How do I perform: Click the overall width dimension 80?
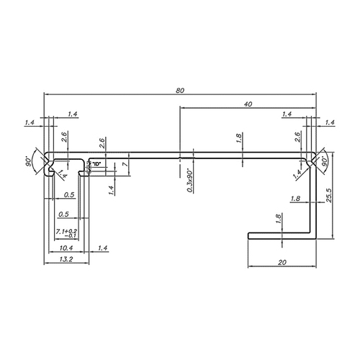click(x=179, y=90)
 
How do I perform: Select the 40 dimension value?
click(x=248, y=104)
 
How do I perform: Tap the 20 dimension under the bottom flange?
click(x=282, y=264)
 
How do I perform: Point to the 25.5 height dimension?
click(x=328, y=195)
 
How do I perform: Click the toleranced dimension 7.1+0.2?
click(x=67, y=232)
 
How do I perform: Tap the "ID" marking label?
click(x=96, y=166)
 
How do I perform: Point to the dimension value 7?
click(x=125, y=165)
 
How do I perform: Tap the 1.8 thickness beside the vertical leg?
click(x=295, y=199)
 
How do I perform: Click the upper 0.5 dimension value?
click(x=69, y=194)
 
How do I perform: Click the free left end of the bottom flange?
click(x=250, y=234)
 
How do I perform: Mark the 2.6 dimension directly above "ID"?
click(x=102, y=142)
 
